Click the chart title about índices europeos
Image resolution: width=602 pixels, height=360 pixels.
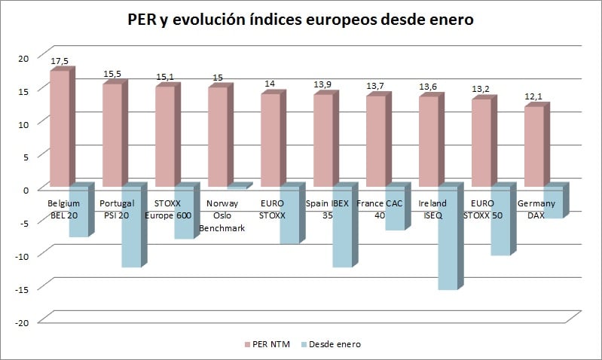coord(301,20)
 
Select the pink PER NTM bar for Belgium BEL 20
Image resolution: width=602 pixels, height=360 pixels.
coord(60,128)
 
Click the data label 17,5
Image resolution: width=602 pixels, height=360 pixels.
coord(60,60)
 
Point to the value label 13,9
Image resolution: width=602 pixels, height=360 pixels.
coord(322,84)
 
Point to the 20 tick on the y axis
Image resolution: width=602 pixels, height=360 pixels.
coord(22,57)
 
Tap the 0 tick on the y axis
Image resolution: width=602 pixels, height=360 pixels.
coord(24,189)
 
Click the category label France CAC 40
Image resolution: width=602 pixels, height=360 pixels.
coord(380,209)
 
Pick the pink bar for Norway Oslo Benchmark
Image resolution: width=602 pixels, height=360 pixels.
coord(217,137)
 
